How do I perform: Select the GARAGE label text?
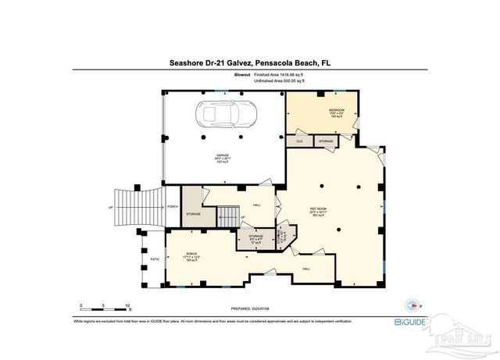223,156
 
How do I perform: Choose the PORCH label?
172,206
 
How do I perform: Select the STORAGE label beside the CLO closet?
325,141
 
